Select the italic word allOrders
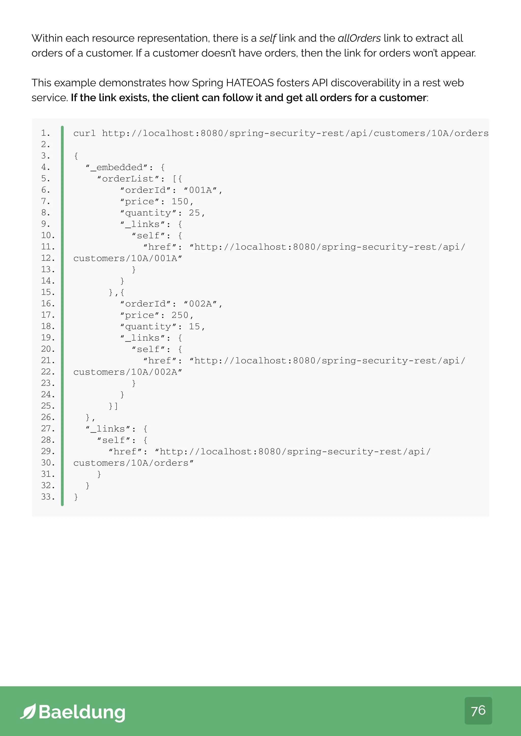pos(359,38)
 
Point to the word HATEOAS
pos(250,83)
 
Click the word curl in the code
pos(84,133)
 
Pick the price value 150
pos(180,202)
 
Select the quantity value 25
pos(194,213)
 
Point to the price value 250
pos(180,315)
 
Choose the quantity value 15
pos(194,327)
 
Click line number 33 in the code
pos(48,497)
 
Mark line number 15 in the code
pos(48,292)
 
